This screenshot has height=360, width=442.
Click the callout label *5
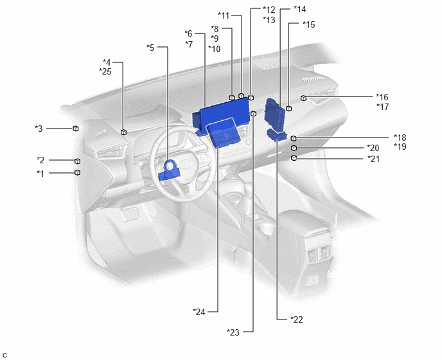coord(150,48)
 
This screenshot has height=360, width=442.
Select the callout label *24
coord(199,312)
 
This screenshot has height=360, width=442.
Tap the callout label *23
coord(233,332)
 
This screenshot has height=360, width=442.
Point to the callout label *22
coord(297,319)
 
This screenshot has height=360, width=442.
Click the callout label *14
coord(299,9)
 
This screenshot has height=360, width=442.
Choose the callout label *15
coord(308,24)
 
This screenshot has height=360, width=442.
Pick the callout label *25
coord(105,71)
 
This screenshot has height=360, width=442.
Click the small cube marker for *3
coord(76,129)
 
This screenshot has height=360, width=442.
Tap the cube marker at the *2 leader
coord(77,161)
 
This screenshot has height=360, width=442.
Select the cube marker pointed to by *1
coord(77,172)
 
